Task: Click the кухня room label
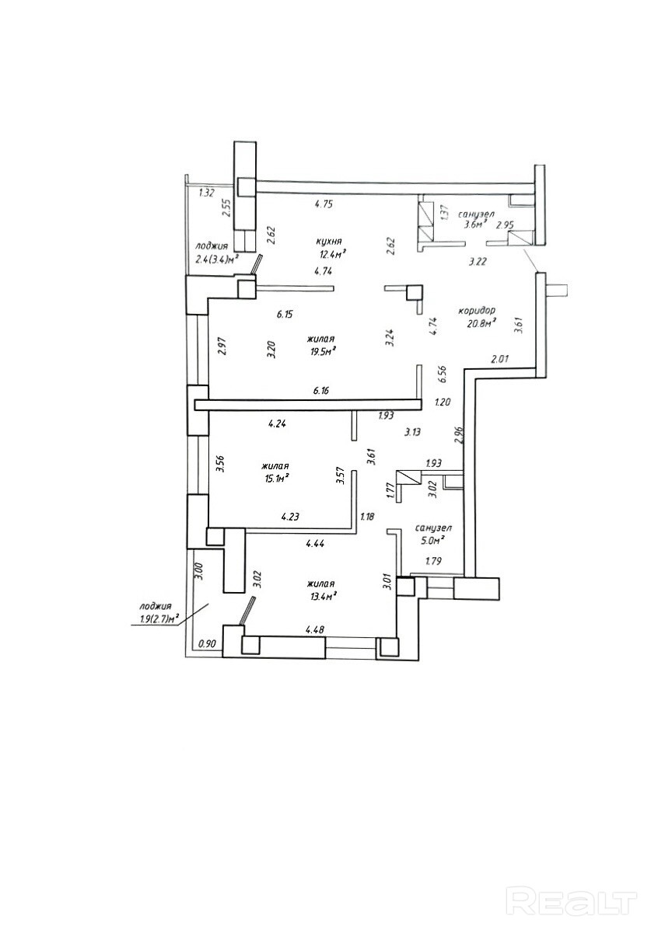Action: point(328,242)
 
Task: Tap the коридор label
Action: point(477,311)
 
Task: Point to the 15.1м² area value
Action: point(276,479)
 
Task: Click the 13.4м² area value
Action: point(324,597)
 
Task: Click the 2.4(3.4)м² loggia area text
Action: point(216,259)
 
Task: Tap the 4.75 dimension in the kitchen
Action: point(323,204)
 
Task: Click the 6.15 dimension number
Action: point(285,315)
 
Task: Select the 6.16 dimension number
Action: point(321,390)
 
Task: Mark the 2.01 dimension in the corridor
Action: point(499,360)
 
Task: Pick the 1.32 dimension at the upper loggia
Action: point(206,193)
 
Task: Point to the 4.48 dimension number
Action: point(314,629)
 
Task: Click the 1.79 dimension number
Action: point(433,561)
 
